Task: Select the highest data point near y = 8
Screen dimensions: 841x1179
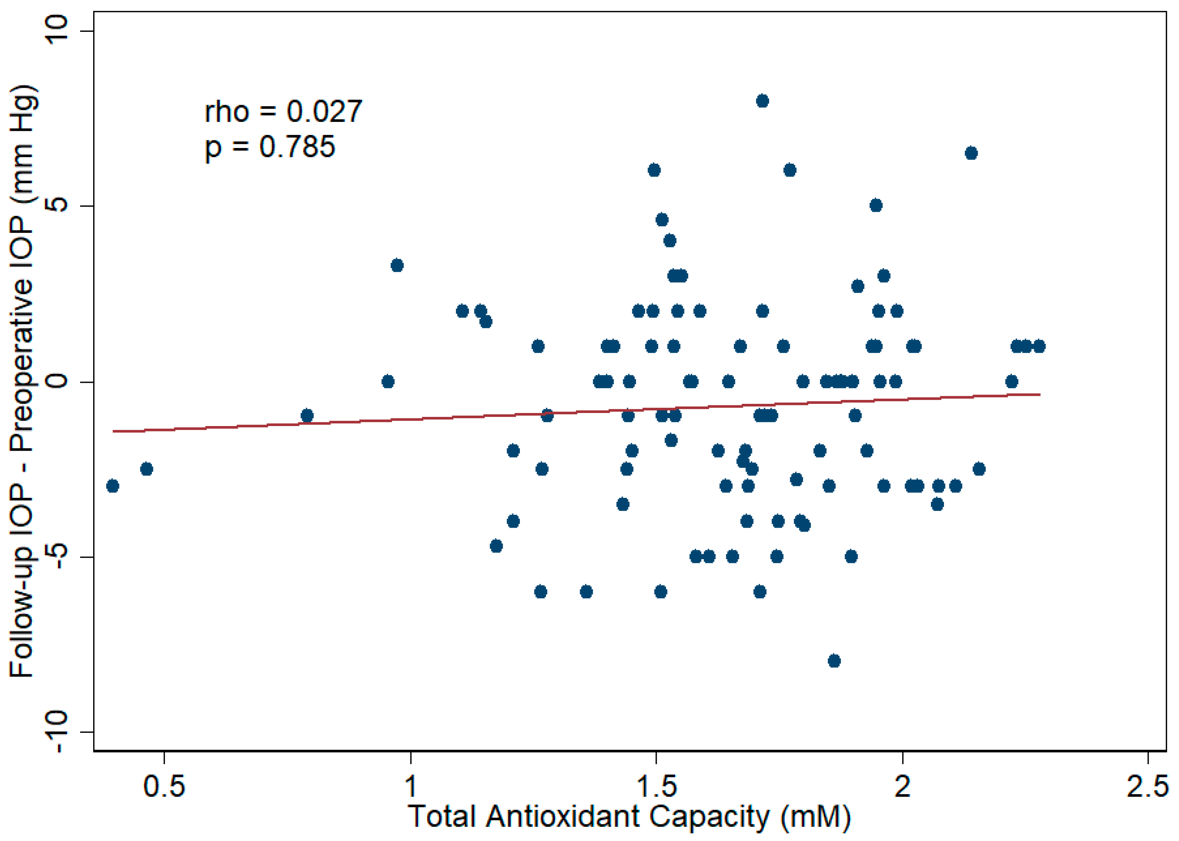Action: [762, 101]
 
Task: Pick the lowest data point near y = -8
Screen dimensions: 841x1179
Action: [834, 661]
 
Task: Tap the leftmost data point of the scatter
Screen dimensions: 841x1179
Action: [112, 486]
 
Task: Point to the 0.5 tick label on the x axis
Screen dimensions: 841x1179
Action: [164, 786]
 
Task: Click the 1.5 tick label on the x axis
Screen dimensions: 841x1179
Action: [656, 786]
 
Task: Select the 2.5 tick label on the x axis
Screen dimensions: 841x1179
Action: [1148, 786]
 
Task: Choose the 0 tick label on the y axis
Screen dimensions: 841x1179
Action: [58, 381]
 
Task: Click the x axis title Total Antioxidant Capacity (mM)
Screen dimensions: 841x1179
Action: [629, 817]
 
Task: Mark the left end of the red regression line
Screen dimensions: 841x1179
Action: [113, 431]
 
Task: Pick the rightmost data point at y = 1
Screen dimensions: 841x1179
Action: [1039, 346]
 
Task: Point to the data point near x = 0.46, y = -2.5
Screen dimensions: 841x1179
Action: [146, 469]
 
